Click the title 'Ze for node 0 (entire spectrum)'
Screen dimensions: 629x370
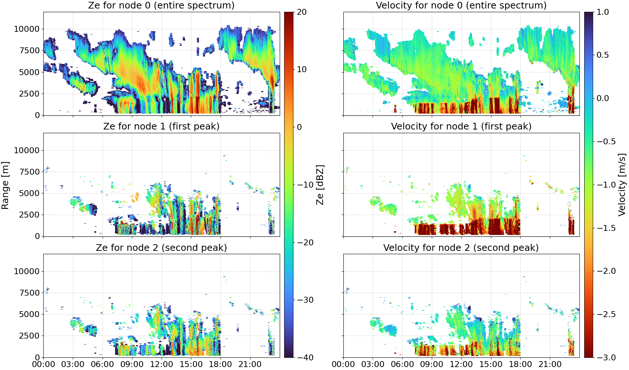pyautogui.click(x=161, y=5)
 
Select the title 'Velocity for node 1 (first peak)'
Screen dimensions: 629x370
pyautogui.click(x=461, y=126)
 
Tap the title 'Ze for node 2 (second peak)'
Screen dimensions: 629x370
pyautogui.click(x=161, y=248)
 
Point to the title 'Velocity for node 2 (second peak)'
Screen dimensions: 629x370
pyautogui.click(x=461, y=248)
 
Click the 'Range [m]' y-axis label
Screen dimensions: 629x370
pyautogui.click(x=5, y=185)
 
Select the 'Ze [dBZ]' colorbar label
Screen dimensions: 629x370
pyautogui.click(x=320, y=185)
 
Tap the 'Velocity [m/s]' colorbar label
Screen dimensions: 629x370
pyautogui.click(x=622, y=184)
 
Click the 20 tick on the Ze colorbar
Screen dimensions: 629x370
pyautogui.click(x=302, y=12)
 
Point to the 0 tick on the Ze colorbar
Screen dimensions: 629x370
pyautogui.click(x=299, y=127)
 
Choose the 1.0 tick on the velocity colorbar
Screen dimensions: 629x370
pyautogui.click(x=603, y=12)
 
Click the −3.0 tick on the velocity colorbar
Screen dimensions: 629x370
pyautogui.click(x=606, y=357)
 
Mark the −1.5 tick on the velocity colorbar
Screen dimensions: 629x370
pyautogui.click(x=606, y=228)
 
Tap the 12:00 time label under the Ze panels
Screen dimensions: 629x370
pyautogui.click(x=161, y=364)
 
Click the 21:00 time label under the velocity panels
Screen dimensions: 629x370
pyautogui.click(x=550, y=364)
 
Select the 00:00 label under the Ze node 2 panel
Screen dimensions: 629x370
pyautogui.click(x=44, y=364)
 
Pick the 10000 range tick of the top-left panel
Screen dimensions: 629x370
pyautogui.click(x=27, y=29)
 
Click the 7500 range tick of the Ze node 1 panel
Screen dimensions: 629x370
pyautogui.click(x=30, y=172)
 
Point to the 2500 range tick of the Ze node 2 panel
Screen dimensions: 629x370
pyautogui.click(x=30, y=336)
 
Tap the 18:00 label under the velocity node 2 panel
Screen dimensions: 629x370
pyautogui.click(x=520, y=364)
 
